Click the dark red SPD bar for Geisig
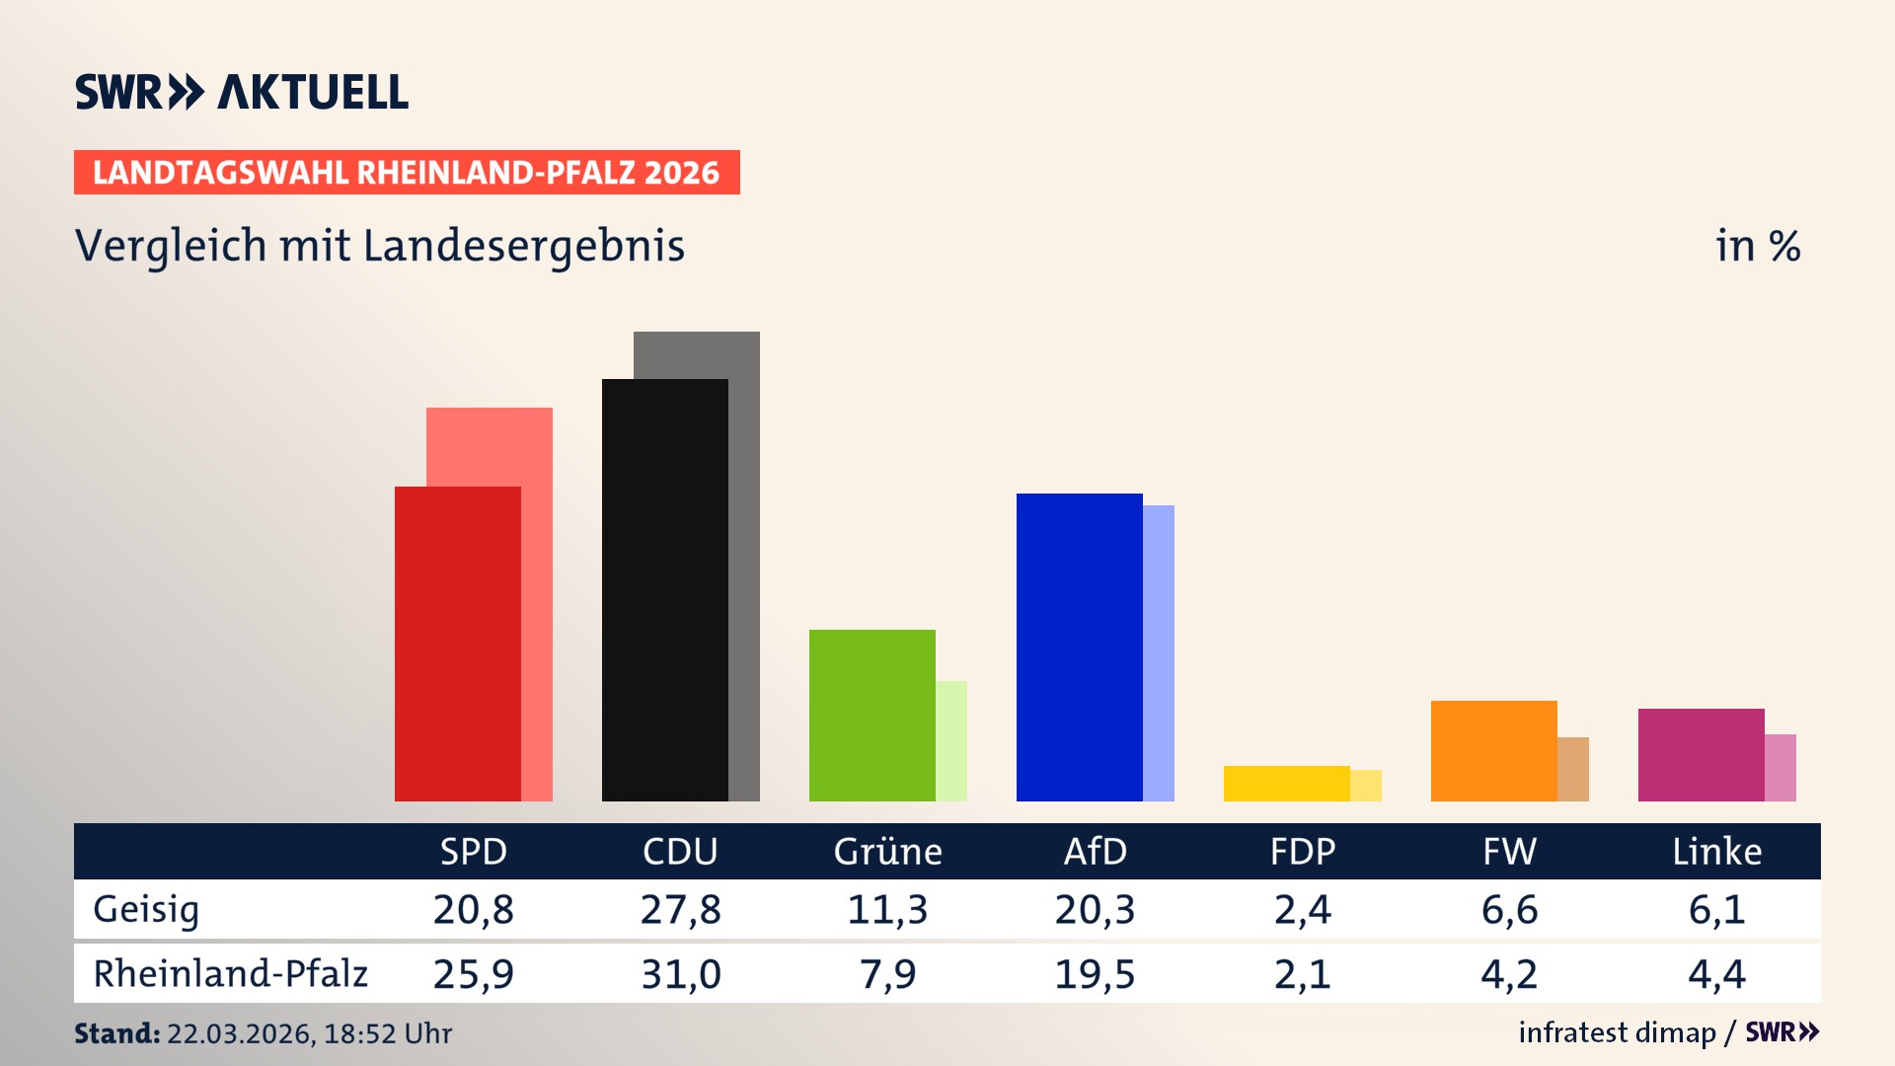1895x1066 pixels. tap(457, 644)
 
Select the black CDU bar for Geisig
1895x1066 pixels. tap(664, 590)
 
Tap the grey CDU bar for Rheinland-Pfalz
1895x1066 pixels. tap(745, 563)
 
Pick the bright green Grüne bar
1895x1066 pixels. tap(872, 716)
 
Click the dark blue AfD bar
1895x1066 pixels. tap(1079, 647)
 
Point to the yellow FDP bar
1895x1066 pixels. tap(1286, 784)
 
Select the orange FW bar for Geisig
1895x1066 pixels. tap(1493, 751)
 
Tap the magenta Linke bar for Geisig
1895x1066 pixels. tap(1701, 755)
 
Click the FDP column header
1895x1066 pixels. tap(1302, 852)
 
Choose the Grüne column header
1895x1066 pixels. tap(887, 852)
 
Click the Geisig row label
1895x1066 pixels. tap(146, 909)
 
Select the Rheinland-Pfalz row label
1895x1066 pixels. tap(230, 974)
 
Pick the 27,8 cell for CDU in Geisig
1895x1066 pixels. tap(680, 909)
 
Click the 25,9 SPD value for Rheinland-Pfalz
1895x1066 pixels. tap(473, 974)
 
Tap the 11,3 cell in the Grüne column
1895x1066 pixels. tap(887, 909)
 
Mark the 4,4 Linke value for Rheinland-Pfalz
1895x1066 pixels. tap(1716, 974)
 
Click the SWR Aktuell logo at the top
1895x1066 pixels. tap(242, 92)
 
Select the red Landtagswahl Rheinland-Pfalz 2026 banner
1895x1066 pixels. tap(407, 173)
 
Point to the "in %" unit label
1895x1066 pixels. tap(1757, 247)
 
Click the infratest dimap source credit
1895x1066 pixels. tap(1617, 1032)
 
